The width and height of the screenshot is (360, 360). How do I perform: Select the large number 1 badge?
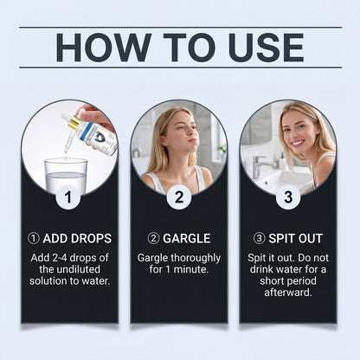pyautogui.click(x=68, y=197)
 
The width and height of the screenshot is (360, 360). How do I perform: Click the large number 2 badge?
pyautogui.click(x=179, y=197)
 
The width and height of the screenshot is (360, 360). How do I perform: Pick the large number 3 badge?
pyautogui.click(x=288, y=197)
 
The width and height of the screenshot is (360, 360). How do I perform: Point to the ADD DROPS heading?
pyautogui.click(x=77, y=239)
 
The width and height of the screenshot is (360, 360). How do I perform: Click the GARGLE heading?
pyautogui.click(x=187, y=239)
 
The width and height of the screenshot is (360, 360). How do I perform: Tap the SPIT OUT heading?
pyautogui.click(x=295, y=239)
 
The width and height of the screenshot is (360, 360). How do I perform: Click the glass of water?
pyautogui.click(x=66, y=176)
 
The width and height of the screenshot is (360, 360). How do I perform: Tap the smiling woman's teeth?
pyautogui.click(x=298, y=143)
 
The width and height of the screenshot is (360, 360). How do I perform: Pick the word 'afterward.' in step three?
pyautogui.click(x=288, y=292)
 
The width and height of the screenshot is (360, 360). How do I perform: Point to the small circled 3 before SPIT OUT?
pyautogui.click(x=259, y=239)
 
